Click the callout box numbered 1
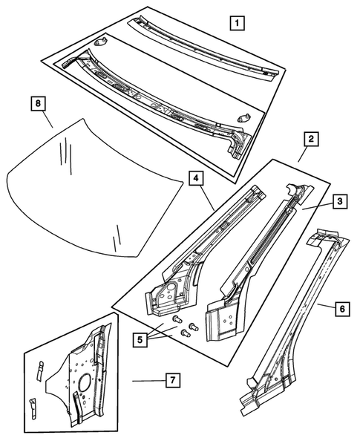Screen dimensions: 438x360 (236, 23)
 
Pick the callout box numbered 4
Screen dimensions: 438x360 (194, 178)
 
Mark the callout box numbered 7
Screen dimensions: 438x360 (171, 381)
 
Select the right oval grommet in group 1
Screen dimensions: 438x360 (246, 115)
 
